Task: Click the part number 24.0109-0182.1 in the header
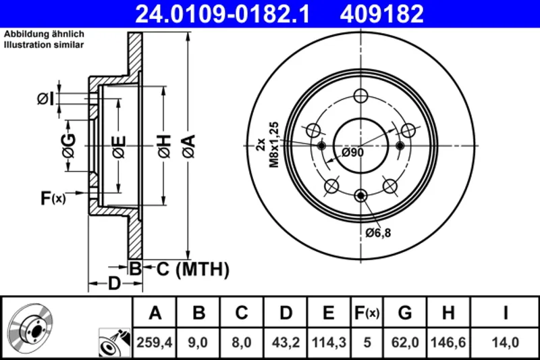222,14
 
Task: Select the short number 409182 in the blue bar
381,14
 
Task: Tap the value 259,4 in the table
155,342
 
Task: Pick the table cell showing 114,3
329,342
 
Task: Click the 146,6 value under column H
448,342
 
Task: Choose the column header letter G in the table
405,313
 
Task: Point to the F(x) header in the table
367,313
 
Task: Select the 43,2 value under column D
286,342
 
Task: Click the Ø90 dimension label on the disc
352,152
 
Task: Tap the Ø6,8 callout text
378,233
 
